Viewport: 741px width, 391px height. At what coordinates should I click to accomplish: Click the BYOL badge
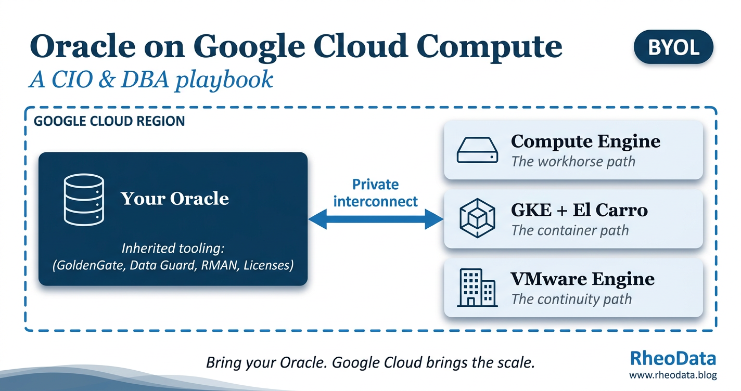coord(673,47)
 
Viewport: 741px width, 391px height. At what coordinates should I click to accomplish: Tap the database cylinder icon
coord(84,200)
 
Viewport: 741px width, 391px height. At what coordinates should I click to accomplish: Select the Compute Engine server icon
coord(477,150)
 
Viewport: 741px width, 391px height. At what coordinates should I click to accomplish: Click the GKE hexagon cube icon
coord(477,218)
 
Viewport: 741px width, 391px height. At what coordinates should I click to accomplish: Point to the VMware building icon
coord(477,288)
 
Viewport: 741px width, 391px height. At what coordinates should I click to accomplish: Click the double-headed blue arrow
coord(376,219)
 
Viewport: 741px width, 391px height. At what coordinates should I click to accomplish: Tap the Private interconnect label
coord(376,193)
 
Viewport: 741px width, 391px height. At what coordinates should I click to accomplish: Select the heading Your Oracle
coord(175,198)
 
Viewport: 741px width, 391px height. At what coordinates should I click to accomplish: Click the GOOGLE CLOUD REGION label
coord(109,121)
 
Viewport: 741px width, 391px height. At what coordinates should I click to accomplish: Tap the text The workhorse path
coord(573,162)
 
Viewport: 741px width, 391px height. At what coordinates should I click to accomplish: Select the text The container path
coord(570,230)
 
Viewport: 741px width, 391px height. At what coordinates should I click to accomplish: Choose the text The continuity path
coord(571,299)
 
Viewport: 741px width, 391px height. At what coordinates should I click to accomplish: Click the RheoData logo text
coord(672,358)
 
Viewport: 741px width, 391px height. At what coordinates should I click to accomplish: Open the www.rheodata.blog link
coord(672,375)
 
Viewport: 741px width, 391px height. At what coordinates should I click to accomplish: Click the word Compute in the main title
coord(489,47)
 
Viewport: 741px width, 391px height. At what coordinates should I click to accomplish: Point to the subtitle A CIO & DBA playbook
coord(151,80)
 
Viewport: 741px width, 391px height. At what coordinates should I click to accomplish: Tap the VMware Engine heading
coord(582,279)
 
